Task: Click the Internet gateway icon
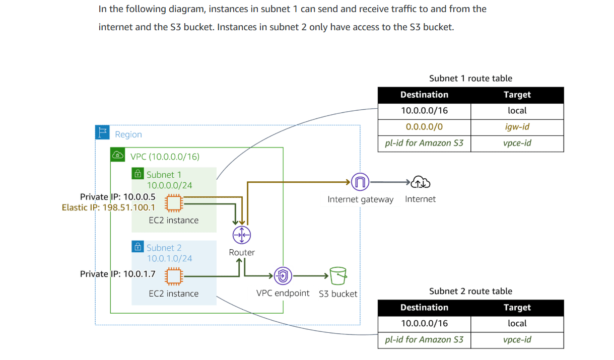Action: point(360,182)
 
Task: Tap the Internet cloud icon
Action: point(421,182)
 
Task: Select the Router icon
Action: point(242,235)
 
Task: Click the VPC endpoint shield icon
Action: point(283,276)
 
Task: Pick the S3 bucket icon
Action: point(337,276)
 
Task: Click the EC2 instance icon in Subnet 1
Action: point(174,203)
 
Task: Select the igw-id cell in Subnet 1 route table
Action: point(517,127)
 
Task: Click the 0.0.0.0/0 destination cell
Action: point(424,127)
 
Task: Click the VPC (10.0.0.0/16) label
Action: point(165,157)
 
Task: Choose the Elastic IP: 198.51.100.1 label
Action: point(108,207)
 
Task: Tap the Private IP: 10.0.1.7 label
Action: point(118,274)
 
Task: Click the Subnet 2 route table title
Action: point(470,291)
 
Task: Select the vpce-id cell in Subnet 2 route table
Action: point(517,339)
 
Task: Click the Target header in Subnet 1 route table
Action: point(517,95)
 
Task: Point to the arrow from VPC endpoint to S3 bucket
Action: point(310,276)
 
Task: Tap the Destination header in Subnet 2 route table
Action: point(424,308)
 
